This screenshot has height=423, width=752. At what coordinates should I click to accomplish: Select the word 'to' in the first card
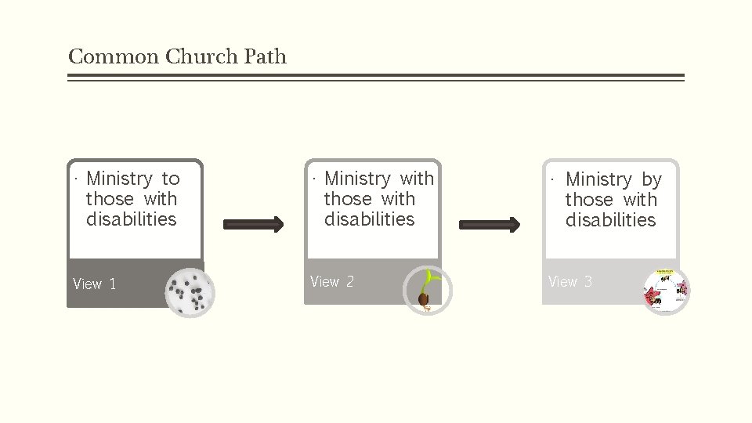coord(171,179)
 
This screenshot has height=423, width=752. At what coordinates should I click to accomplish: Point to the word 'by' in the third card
coord(652,179)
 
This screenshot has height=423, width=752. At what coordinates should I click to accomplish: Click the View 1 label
coord(94,284)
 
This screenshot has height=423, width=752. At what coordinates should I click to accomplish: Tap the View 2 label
coord(332,281)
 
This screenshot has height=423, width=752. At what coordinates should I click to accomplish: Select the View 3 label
coord(570,281)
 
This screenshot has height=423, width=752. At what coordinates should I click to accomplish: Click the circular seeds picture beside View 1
coord(190,293)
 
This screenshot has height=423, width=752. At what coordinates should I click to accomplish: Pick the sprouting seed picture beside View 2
coord(427,291)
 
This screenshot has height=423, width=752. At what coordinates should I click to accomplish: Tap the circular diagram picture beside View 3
coord(666,290)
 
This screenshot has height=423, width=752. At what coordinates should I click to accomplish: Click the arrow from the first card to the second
coord(254,225)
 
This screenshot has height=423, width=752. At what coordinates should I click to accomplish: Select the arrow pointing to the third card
coord(490,225)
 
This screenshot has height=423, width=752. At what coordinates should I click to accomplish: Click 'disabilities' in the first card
coord(132,219)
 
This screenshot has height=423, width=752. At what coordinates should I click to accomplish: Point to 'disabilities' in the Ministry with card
coord(370,219)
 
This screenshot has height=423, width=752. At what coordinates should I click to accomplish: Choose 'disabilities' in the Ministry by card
coord(611,220)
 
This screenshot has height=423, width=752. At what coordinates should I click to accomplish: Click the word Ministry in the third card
coord(598,179)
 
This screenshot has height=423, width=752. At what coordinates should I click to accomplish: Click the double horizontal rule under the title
coord(376,78)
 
